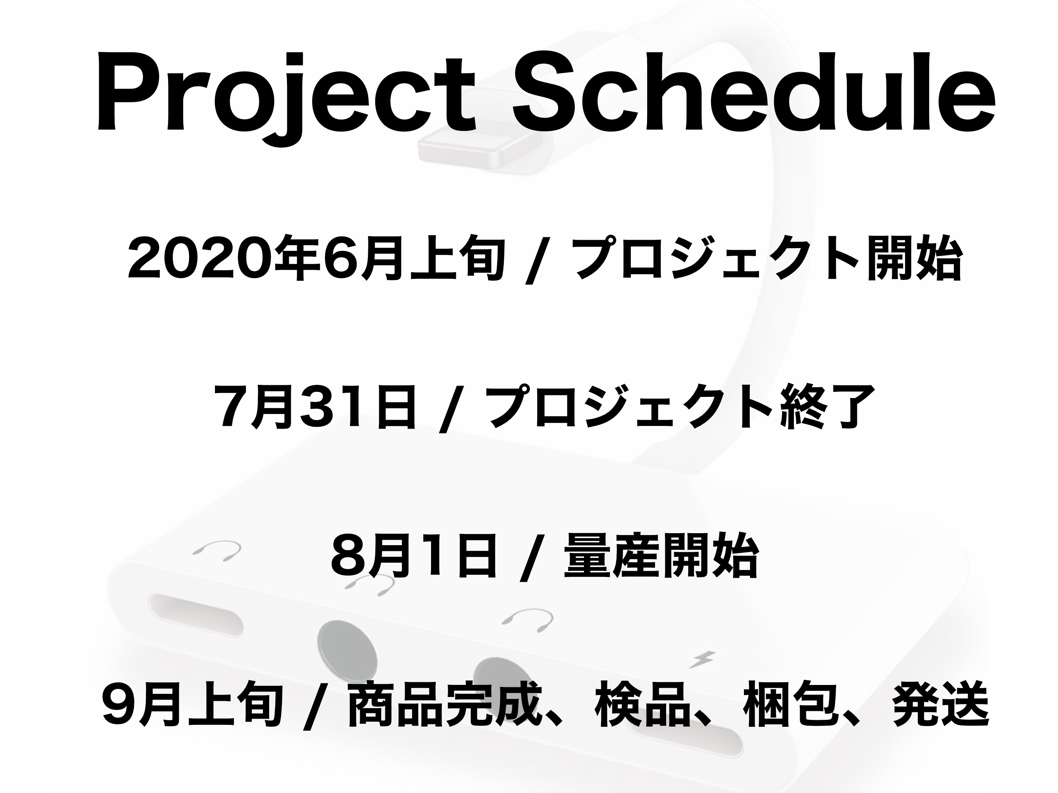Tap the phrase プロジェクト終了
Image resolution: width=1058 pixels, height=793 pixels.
[x=677, y=407]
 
